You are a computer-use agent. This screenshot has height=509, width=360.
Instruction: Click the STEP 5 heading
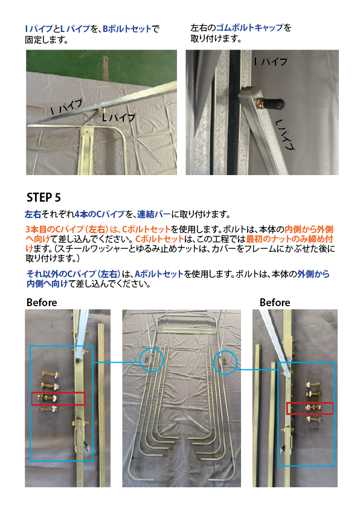point(43,197)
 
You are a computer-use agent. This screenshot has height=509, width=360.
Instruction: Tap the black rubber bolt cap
point(274,104)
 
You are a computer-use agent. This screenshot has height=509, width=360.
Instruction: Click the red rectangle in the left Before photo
point(58,399)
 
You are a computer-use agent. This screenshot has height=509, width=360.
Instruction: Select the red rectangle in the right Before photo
point(310,408)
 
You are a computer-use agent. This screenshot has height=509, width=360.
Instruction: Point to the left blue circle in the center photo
point(152,359)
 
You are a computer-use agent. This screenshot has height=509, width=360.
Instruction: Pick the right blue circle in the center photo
point(225,362)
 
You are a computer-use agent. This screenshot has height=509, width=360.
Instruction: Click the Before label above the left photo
point(42,303)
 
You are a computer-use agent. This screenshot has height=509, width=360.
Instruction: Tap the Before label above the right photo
point(275,303)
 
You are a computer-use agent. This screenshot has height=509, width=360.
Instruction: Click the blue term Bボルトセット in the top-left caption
point(127,29)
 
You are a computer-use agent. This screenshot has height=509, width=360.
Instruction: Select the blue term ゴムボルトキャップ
point(249,28)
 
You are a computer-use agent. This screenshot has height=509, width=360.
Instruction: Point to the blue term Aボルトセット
point(159,274)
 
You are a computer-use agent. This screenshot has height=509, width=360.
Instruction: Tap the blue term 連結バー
point(154,214)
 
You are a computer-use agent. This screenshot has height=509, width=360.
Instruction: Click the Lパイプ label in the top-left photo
point(118,117)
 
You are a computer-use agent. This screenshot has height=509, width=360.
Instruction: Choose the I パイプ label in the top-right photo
point(271,61)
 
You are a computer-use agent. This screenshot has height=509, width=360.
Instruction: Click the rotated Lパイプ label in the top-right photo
point(285,135)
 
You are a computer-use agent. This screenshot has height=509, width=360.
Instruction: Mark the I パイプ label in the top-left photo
point(67,107)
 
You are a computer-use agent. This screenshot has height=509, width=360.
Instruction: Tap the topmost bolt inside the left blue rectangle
point(51,374)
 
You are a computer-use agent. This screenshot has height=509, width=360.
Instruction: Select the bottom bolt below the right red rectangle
point(313,419)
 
